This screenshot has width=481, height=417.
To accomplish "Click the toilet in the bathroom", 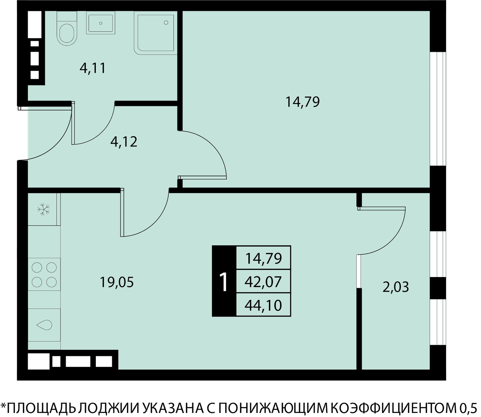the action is coord(67,28).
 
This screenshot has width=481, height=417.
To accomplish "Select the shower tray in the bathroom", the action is coord(156,33).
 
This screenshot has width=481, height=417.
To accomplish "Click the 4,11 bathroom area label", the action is coord(93,68).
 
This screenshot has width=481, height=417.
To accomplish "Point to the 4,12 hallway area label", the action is coord(124,142).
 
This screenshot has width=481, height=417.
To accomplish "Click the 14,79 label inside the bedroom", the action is coord(303,102).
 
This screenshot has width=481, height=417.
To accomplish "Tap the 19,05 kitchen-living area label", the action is coord(117,282).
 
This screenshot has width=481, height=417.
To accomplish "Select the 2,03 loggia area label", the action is coord(396,287).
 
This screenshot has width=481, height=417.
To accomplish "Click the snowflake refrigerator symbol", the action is coord(44,209).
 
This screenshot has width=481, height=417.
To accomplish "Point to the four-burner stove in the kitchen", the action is coord(44,274).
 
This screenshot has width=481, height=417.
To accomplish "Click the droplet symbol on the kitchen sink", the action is coord(44,325).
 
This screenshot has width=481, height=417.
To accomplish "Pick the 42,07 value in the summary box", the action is coord(263,281).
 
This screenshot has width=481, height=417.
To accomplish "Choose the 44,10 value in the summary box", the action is coord(263,306).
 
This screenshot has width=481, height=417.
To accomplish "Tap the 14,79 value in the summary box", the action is coord(264,259).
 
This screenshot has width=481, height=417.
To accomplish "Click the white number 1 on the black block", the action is coord(224,282).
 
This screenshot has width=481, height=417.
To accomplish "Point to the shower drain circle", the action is coord(166,22).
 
